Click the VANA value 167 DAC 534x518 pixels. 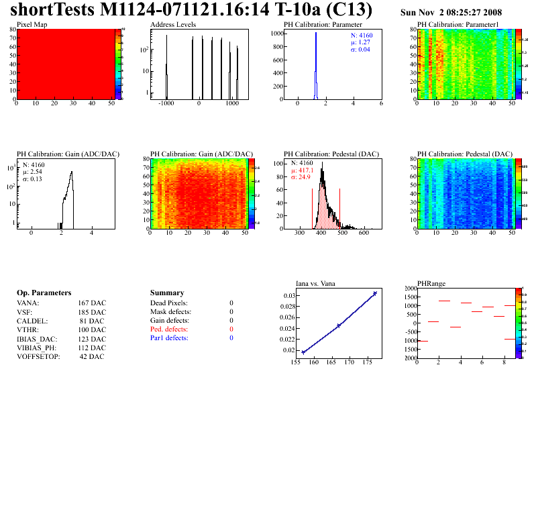tap(92, 303)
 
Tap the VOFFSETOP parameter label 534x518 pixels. tap(38, 357)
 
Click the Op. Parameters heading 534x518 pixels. tap(44, 293)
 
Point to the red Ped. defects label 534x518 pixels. tap(169, 329)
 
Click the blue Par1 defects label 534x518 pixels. tap(169, 338)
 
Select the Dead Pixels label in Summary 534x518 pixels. tap(169, 303)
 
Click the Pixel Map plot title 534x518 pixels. tap(32, 24)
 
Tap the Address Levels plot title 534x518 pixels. tap(173, 24)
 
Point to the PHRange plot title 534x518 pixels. tap(431, 283)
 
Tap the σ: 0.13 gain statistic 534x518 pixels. tap(32, 179)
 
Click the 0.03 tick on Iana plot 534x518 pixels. tap(288, 295)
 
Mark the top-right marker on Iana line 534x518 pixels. tap(375, 293)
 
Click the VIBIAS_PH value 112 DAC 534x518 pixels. tap(92, 348)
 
